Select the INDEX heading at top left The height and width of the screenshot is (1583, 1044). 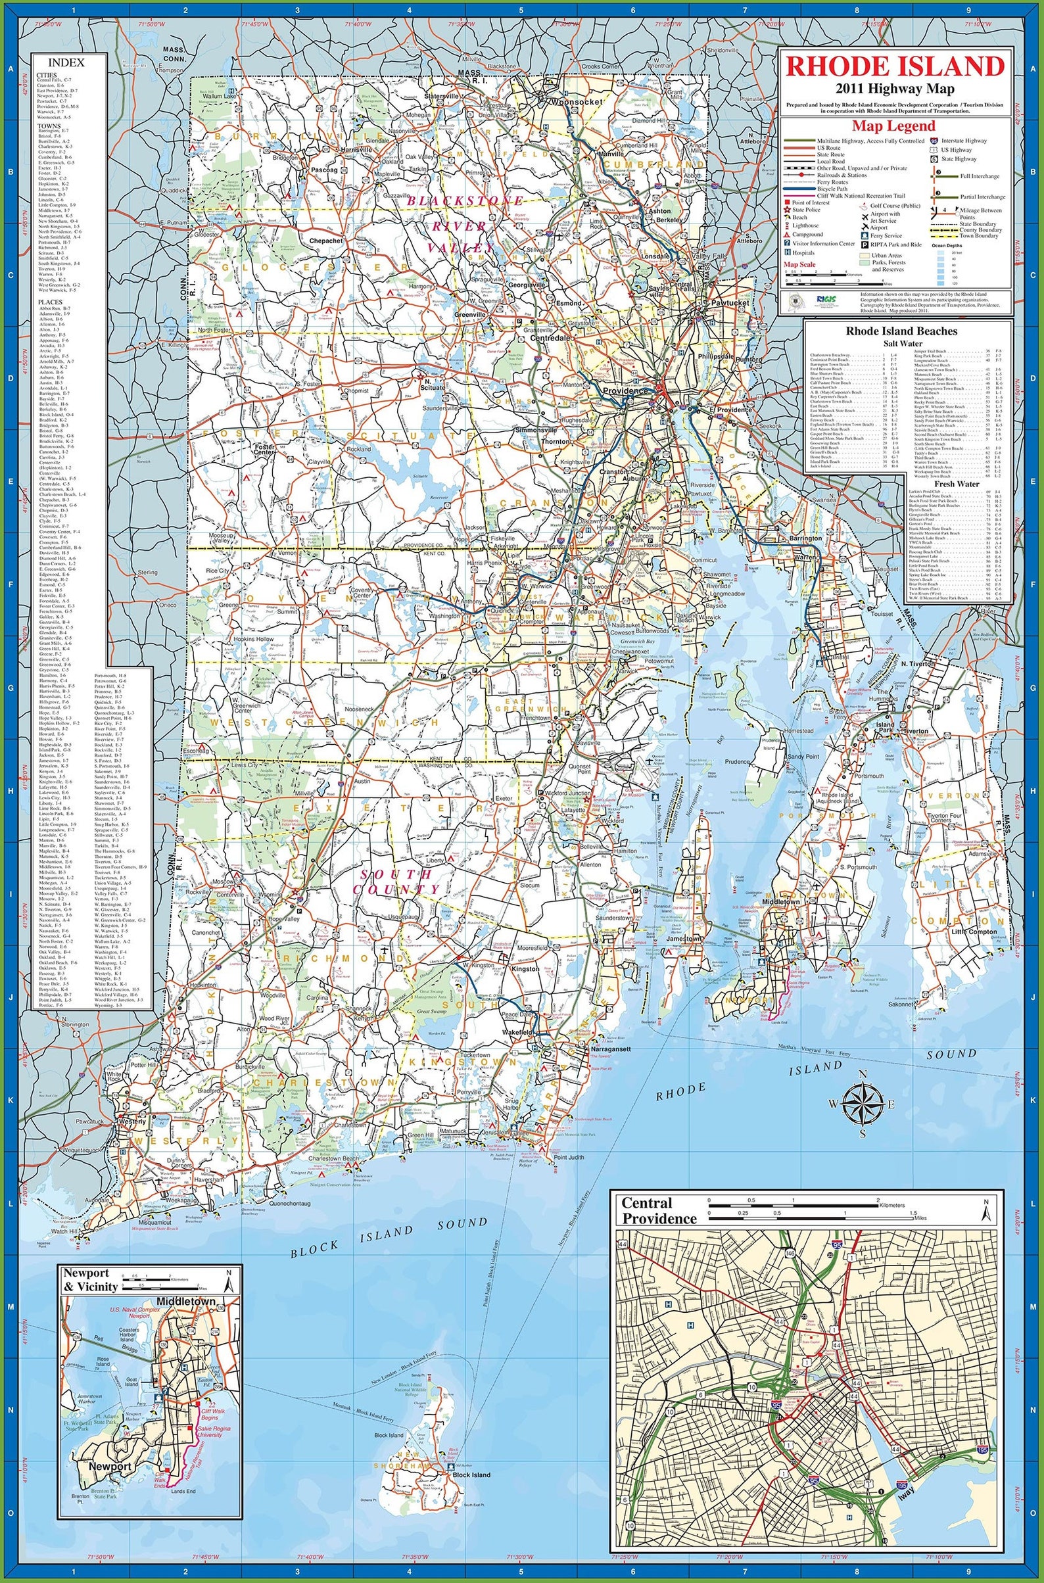(x=66, y=62)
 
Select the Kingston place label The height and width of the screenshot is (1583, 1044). (x=524, y=969)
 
